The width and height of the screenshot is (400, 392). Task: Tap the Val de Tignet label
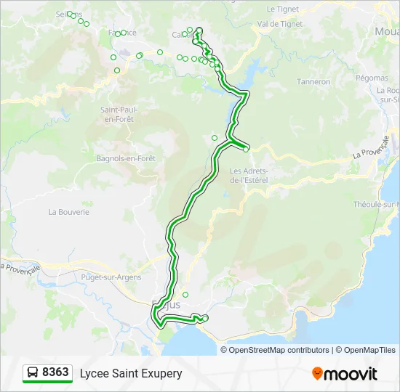click(x=280, y=24)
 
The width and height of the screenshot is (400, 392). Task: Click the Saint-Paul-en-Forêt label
click(x=119, y=114)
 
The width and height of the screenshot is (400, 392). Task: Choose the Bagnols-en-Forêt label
click(x=126, y=158)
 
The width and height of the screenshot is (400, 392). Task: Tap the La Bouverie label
click(x=68, y=212)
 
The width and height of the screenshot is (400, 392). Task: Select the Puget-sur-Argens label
click(x=112, y=277)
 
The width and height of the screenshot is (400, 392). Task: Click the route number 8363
click(x=55, y=373)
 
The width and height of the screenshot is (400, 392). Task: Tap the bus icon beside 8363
click(x=33, y=373)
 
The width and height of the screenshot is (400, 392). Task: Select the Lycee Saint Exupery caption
click(x=131, y=374)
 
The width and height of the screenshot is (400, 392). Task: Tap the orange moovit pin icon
click(x=318, y=374)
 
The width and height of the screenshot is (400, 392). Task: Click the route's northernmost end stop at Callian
click(x=199, y=30)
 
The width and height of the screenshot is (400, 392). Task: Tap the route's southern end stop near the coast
click(x=205, y=318)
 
